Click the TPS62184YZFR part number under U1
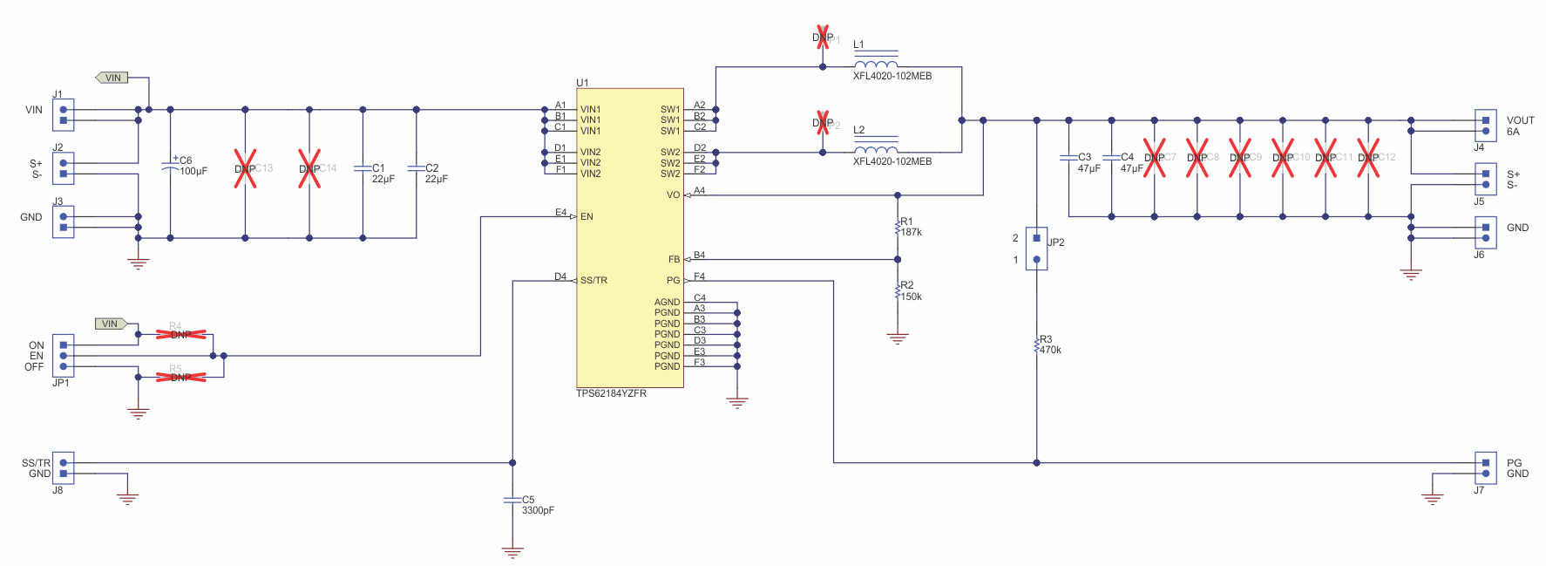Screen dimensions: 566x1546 [x=611, y=393]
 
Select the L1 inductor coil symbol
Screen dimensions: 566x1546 [x=876, y=65]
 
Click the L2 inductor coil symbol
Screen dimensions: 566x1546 [x=876, y=150]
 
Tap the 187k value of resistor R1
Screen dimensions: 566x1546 [x=912, y=232]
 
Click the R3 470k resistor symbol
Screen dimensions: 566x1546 [x=1036, y=345]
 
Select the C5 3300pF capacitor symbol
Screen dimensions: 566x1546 [x=512, y=501]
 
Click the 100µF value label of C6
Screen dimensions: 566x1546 [x=193, y=171]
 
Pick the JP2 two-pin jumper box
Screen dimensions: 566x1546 [x=1036, y=249]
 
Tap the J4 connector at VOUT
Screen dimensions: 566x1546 [x=1485, y=126]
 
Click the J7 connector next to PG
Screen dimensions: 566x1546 [x=1485, y=468]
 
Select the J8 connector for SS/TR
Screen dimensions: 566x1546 [x=63, y=468]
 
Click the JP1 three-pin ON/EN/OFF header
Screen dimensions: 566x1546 [x=63, y=356]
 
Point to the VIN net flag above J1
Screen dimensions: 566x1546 [x=112, y=78]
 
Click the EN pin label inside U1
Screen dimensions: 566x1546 [x=587, y=216]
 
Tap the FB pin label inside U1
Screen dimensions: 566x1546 [x=674, y=259]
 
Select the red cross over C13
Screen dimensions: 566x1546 [x=246, y=168]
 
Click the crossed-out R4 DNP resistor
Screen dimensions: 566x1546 [x=180, y=334]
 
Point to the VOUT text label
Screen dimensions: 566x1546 [x=1520, y=120]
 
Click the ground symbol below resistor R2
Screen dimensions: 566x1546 [x=898, y=338]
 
